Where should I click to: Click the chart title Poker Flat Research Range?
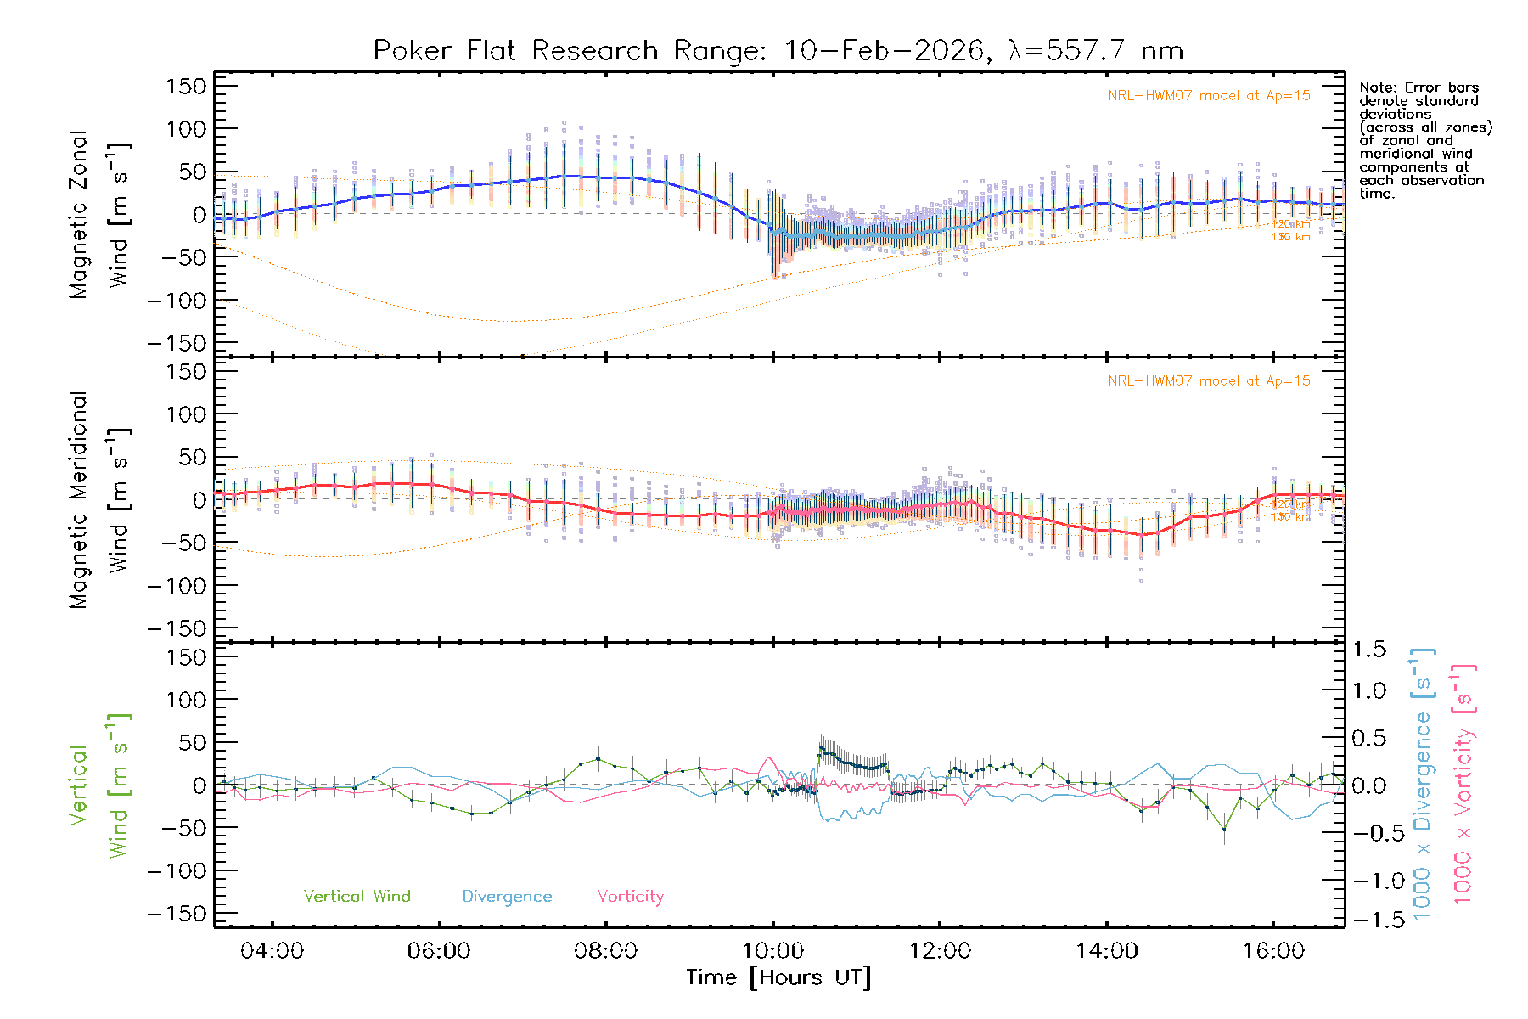(778, 51)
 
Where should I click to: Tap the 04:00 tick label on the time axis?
(272, 951)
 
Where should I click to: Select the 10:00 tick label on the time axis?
(772, 951)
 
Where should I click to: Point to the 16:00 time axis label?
(1273, 951)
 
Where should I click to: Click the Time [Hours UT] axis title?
(778, 977)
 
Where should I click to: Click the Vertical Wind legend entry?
(357, 897)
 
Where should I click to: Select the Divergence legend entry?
(507, 897)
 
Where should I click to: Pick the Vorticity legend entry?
(630, 897)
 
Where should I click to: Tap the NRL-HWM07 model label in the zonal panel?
(1209, 96)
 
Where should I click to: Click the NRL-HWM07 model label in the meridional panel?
(1209, 381)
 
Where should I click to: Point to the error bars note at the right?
(1424, 140)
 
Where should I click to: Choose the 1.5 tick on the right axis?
(1368, 650)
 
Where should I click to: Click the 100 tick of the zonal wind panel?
(187, 129)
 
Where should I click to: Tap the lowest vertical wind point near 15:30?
(1224, 830)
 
